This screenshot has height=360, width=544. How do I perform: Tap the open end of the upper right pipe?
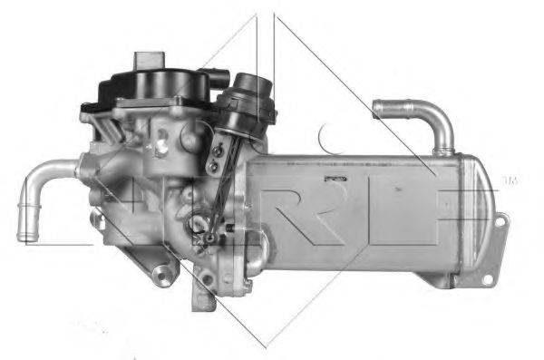point(379,109)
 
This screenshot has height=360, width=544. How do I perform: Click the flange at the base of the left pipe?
point(86,169)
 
